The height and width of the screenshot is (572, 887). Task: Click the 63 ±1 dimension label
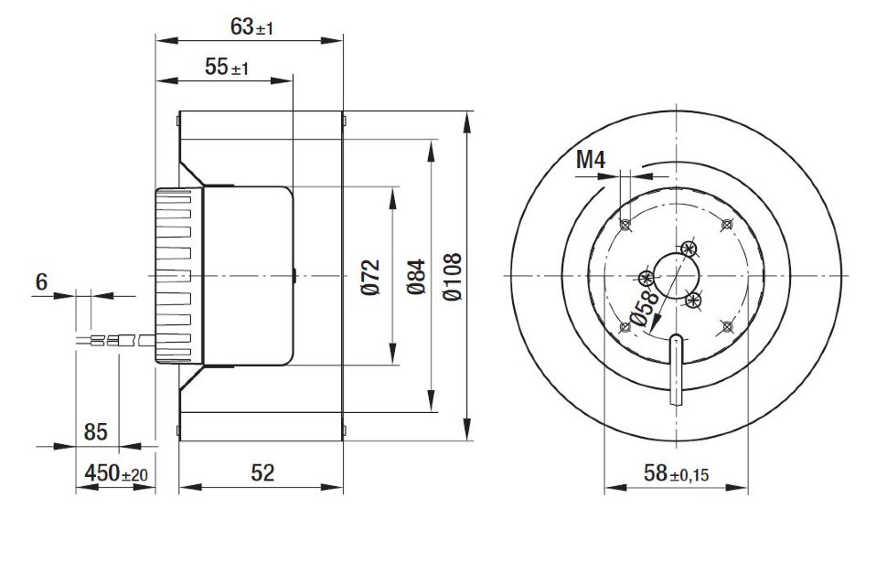click(x=251, y=27)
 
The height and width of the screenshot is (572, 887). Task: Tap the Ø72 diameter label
click(x=369, y=277)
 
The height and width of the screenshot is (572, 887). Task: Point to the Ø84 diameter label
click(x=416, y=277)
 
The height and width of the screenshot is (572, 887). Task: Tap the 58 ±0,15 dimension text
click(x=676, y=473)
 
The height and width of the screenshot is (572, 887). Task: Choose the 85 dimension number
click(x=95, y=430)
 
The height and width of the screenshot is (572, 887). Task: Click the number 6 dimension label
click(x=41, y=282)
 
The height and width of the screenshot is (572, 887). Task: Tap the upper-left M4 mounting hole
click(x=625, y=225)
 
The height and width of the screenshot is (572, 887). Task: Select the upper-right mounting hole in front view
click(x=726, y=225)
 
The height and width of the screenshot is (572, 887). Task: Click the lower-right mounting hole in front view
click(x=726, y=325)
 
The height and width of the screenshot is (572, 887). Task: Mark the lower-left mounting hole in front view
click(x=625, y=325)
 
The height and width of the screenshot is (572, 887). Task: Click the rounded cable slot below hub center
click(x=676, y=365)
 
